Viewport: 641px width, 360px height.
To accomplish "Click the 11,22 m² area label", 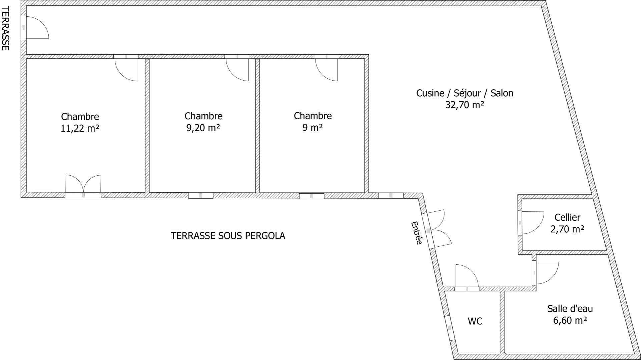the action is coord(80,128).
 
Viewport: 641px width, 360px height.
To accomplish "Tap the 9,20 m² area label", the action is coord(203,128).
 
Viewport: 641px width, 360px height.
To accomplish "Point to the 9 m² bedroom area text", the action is coord(312,127).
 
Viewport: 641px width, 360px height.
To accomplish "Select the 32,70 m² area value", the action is coord(465,105).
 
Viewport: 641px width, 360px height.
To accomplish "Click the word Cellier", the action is coord(567,217).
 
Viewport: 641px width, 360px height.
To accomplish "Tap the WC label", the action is coord(475,321).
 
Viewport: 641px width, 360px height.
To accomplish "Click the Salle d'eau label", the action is coord(570,308).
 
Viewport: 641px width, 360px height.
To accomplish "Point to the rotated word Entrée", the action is coord(417,233).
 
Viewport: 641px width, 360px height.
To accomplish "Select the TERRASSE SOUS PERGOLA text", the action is coord(228,236).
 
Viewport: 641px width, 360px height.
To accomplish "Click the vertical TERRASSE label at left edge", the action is coord(5,28).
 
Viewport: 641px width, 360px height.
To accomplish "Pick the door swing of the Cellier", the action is coord(532,223).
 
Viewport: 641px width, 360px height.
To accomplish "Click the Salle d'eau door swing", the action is coord(546,273).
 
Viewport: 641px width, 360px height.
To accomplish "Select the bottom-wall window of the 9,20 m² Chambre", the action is coord(201,196).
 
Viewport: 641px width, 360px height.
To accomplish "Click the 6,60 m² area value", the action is coord(570,320).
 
